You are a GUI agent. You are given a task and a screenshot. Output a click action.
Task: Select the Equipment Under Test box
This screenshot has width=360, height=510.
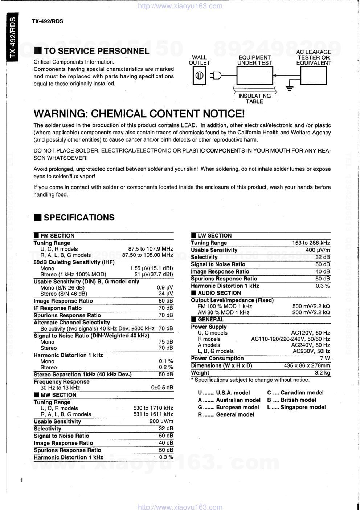254,76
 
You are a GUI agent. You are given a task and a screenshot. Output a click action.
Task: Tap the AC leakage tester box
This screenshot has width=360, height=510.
314,76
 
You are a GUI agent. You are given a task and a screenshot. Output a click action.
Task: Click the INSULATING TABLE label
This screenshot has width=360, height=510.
254,99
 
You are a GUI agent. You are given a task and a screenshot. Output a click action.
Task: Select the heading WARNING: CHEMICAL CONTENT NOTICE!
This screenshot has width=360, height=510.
139,114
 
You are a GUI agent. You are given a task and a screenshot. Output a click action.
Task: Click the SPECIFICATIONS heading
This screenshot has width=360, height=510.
79,218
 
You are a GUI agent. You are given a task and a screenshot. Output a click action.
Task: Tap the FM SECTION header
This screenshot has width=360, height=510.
57,236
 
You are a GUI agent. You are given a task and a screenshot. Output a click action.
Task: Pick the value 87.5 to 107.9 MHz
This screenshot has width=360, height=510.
151,249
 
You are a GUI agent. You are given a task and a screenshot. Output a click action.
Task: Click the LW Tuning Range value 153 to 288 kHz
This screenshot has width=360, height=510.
311,243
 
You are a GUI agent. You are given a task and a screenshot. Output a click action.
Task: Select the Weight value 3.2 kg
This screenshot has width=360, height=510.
322,373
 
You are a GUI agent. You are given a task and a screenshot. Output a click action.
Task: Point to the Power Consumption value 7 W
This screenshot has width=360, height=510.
325,358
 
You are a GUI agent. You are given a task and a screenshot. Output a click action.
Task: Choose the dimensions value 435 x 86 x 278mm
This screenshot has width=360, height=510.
307,365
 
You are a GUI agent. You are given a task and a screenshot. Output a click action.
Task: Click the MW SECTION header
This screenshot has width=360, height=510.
58,395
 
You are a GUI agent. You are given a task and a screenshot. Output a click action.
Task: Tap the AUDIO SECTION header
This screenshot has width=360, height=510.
219,293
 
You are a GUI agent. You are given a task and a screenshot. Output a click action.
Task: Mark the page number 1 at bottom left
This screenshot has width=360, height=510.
22,481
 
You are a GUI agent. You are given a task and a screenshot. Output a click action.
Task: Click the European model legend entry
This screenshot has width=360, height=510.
228,407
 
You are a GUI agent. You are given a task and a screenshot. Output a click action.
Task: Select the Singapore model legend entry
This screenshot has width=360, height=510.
296,407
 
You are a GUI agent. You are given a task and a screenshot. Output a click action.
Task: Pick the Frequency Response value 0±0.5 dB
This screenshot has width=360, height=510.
162,388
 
